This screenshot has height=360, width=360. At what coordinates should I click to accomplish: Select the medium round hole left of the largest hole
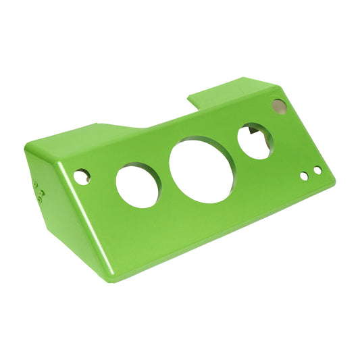[138, 184]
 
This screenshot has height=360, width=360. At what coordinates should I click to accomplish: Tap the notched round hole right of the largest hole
[255, 141]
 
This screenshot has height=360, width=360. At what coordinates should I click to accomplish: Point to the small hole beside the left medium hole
[81, 178]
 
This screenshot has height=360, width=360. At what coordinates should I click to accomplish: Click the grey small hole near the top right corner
[279, 105]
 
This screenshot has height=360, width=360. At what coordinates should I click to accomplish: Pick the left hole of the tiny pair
[304, 176]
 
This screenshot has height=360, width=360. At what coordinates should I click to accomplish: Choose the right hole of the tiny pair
[317, 170]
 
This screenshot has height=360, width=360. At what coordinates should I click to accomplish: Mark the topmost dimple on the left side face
[34, 183]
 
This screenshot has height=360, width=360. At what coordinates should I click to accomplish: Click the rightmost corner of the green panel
[333, 180]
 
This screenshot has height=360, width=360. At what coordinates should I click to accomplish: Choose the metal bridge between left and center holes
[165, 176]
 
